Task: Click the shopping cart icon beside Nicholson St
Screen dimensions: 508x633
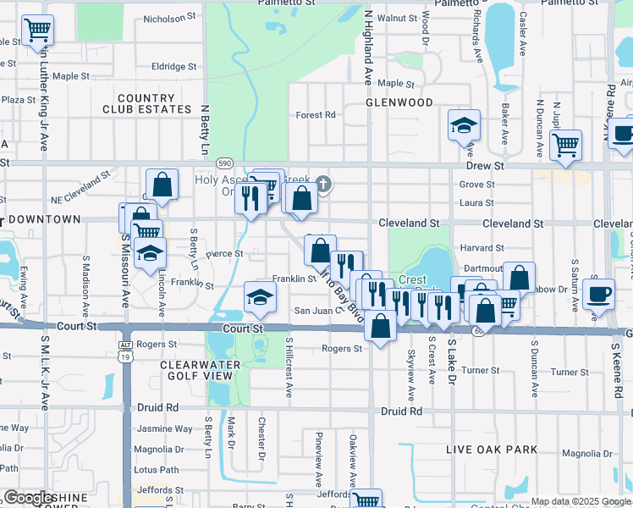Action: click(37, 31)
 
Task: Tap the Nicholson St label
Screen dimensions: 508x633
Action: click(169, 17)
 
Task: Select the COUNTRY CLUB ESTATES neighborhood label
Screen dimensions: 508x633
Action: click(147, 104)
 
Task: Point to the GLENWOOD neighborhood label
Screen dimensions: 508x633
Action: click(399, 102)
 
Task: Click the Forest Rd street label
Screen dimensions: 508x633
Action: click(316, 115)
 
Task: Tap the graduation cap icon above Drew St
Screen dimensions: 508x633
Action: click(464, 126)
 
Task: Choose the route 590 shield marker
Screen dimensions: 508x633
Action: click(224, 162)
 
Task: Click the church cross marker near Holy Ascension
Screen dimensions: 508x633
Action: click(322, 183)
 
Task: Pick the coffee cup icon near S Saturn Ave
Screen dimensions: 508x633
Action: click(599, 293)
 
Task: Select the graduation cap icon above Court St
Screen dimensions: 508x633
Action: click(260, 296)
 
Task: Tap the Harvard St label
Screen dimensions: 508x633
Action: click(482, 248)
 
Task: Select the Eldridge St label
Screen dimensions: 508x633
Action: click(173, 66)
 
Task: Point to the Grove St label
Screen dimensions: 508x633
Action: click(477, 184)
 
